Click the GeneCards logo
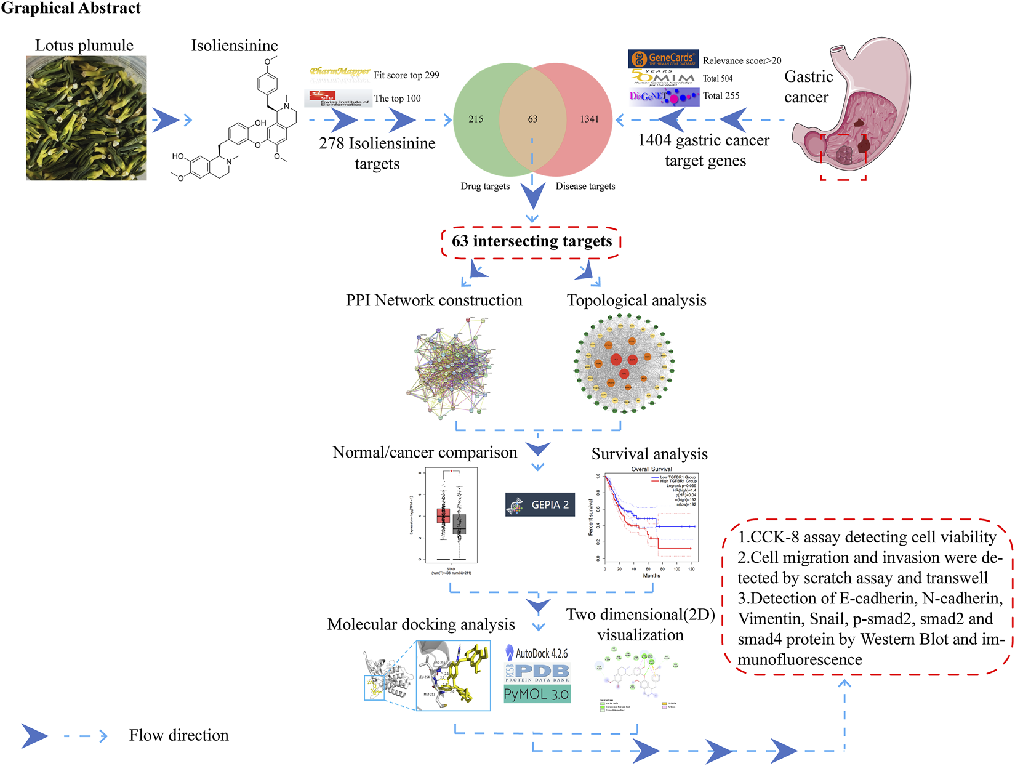pos(663,59)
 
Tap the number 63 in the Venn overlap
pos(532,119)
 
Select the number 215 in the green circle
pos(476,119)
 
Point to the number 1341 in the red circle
pos(589,119)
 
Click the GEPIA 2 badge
pos(540,505)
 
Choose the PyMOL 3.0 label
pos(537,695)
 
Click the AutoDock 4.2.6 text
pos(537,653)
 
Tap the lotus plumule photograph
pos(86,118)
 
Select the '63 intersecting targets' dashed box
pos(531,241)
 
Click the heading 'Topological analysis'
pos(636,300)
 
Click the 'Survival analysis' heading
pos(649,454)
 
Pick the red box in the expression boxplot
pos(443,515)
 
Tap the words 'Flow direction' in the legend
pos(179,735)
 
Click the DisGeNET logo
pos(664,97)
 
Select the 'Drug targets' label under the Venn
pos(485,186)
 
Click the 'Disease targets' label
pos(585,186)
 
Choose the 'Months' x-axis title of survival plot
pos(651,576)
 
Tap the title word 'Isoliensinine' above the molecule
pos(235,46)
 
